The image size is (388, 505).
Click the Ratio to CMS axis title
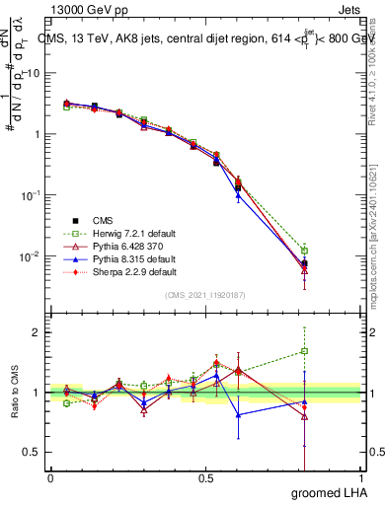coord(15,393)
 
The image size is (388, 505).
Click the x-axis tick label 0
coord(50,478)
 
